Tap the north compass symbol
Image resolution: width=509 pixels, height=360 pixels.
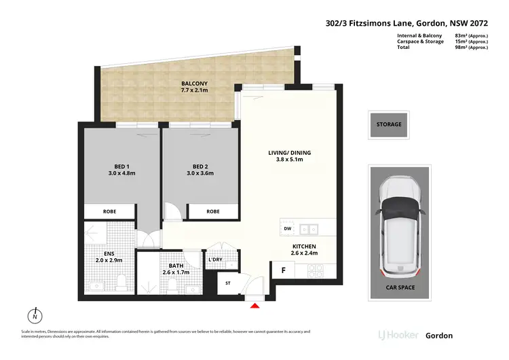click(34, 317)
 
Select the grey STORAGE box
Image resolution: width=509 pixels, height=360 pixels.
click(389, 124)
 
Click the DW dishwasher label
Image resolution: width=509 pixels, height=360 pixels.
click(287, 229)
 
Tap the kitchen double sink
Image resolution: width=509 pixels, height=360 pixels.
click(309, 229)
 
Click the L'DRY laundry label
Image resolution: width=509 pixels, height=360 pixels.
click(216, 259)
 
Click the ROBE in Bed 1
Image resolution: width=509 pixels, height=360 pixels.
click(109, 211)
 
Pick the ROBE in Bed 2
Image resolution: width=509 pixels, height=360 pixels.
click(213, 211)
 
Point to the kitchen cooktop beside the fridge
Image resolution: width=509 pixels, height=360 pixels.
click(316, 270)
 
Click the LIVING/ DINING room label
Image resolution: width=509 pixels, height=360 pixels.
click(289, 156)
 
